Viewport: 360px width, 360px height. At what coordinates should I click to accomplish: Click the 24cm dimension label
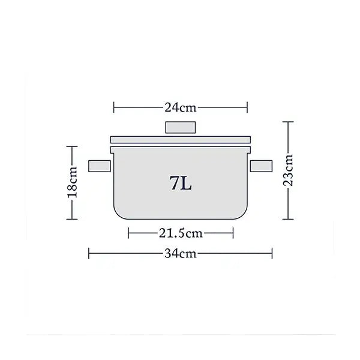(x=181, y=108)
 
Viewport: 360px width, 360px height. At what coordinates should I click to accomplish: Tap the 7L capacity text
(x=181, y=183)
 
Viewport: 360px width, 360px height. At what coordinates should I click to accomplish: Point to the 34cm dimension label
(x=181, y=253)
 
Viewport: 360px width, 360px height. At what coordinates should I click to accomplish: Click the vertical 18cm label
(x=73, y=183)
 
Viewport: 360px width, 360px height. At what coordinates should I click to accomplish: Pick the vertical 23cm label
(x=289, y=170)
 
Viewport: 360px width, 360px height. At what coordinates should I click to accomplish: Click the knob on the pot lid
(x=181, y=128)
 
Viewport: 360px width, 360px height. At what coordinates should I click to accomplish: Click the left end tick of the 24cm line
(x=114, y=108)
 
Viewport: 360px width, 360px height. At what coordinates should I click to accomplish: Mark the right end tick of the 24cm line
(x=247, y=108)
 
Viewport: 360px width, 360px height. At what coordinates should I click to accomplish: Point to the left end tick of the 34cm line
(x=89, y=253)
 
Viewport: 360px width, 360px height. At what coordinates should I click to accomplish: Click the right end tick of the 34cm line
(x=272, y=253)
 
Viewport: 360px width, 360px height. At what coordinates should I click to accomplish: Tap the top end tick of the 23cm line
(x=289, y=122)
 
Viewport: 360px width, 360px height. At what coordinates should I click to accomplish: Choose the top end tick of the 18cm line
(x=73, y=146)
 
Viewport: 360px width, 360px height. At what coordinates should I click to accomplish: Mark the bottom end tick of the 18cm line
(x=73, y=220)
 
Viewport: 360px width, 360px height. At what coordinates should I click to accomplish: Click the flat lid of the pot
(x=181, y=139)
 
